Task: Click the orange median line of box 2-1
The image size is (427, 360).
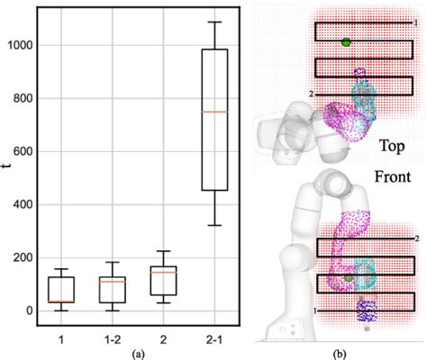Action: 213,112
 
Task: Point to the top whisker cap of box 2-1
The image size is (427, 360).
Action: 213,22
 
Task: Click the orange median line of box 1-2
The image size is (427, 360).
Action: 112,281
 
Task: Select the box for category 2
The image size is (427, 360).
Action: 163,280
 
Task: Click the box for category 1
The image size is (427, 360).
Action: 61,290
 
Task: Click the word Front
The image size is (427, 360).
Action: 389,170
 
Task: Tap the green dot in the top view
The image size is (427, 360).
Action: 346,41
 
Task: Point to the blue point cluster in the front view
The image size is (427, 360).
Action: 367,311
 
